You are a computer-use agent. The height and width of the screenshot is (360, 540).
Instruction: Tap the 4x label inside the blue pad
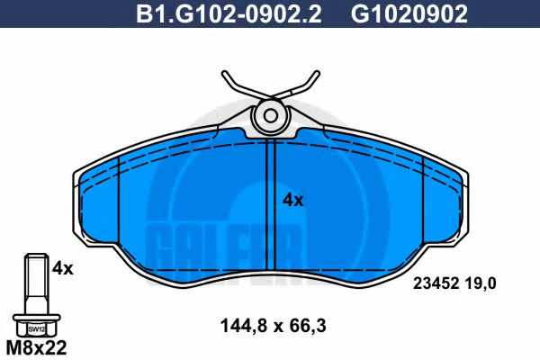point(293,200)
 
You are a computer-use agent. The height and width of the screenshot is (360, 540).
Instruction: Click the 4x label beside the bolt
point(62,267)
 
